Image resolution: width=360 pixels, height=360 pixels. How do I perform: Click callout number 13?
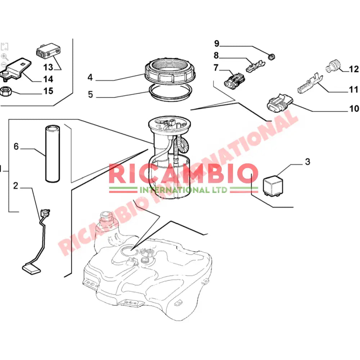tap(48, 67)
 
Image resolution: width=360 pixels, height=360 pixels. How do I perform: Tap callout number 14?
tap(48, 79)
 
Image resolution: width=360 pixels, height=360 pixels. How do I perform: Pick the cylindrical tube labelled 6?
tap(53, 153)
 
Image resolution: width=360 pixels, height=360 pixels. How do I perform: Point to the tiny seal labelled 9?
tap(272, 56)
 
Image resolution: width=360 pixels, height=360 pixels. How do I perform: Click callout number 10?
tap(354, 108)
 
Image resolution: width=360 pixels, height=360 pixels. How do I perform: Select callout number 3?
tap(307, 162)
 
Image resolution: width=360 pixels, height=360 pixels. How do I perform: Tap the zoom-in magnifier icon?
tap(4, 56)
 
